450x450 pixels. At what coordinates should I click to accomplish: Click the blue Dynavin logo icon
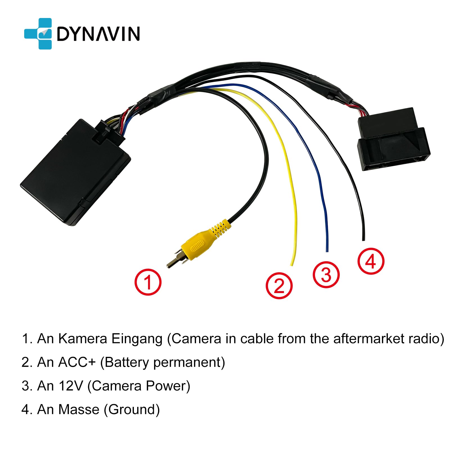point(38,34)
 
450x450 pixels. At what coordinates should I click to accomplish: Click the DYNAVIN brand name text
point(98,34)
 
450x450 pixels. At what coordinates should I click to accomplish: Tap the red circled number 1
point(148,282)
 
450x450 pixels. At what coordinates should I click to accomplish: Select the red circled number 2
point(279,285)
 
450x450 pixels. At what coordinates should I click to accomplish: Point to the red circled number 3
point(326,274)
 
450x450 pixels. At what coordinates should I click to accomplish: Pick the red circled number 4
point(371,261)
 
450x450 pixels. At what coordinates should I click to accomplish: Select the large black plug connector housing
point(394,141)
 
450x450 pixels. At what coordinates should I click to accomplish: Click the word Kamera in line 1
point(83,339)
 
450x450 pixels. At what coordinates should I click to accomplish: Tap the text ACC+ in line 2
point(77,362)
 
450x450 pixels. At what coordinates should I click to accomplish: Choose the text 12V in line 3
point(71,386)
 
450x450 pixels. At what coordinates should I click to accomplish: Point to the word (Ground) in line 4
point(132,410)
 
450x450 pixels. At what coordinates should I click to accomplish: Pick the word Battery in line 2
point(126,363)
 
